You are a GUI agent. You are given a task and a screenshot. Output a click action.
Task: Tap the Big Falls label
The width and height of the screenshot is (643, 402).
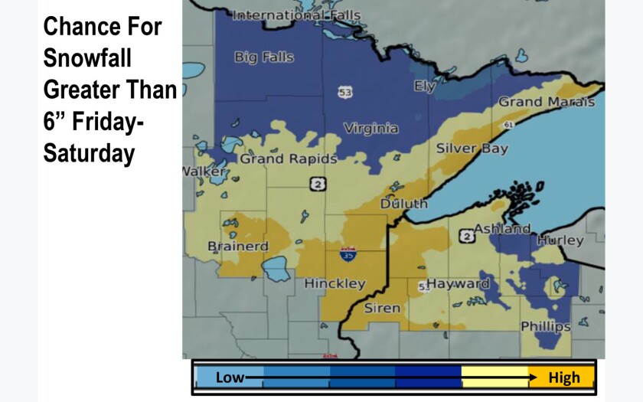[x=263, y=57]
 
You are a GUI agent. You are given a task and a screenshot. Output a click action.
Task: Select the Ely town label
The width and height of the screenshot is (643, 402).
[x=425, y=87]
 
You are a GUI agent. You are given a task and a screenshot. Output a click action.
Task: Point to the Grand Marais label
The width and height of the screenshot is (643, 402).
[x=546, y=102]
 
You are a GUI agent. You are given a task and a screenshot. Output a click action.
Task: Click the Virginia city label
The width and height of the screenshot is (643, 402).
[x=370, y=129]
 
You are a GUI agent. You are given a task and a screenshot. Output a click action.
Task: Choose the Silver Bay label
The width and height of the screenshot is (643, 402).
[x=472, y=149]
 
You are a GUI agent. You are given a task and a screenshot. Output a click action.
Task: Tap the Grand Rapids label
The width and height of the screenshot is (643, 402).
[x=289, y=159]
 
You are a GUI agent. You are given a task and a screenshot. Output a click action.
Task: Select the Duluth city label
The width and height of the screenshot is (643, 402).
[x=403, y=204]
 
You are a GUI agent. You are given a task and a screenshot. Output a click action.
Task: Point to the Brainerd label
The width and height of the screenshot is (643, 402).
[x=238, y=246]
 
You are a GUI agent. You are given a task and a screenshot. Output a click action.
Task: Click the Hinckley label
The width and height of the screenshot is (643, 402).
[x=335, y=283]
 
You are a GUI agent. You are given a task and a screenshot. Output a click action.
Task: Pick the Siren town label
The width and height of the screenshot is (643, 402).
[x=381, y=308]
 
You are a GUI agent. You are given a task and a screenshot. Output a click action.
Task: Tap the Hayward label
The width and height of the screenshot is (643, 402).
[x=458, y=283]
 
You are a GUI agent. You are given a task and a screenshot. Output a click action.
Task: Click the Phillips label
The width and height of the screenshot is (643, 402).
[x=545, y=326]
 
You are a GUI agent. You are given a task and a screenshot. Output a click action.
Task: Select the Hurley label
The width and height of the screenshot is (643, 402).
[x=560, y=240]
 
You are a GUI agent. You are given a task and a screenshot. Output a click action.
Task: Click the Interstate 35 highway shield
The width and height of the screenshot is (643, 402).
[x=348, y=254]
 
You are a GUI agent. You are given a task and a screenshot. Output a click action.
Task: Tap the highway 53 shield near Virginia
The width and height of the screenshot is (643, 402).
[x=345, y=92]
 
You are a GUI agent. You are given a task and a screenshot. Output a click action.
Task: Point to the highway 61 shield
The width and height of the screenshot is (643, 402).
[x=510, y=123]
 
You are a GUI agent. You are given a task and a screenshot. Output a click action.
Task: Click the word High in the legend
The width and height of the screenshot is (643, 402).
[x=564, y=377]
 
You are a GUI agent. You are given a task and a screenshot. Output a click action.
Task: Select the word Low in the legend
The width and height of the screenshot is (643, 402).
[x=230, y=377]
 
